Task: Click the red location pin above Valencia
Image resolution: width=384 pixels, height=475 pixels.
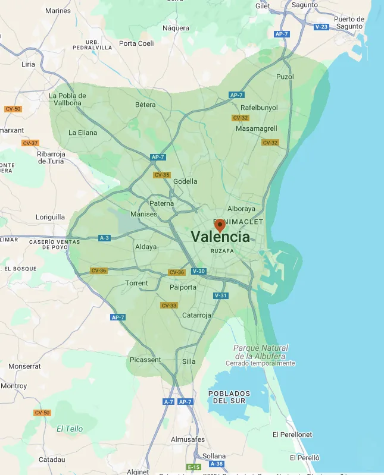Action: click(x=220, y=225)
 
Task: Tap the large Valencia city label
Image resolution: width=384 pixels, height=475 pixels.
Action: click(x=220, y=237)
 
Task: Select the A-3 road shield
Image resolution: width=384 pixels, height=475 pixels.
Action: click(x=105, y=238)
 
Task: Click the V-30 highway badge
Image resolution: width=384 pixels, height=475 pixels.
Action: click(x=199, y=271)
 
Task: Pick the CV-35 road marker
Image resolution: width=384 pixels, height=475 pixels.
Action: click(x=162, y=175)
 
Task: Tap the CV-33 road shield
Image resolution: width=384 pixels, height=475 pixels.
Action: click(x=169, y=306)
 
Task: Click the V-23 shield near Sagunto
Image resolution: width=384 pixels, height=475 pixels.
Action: click(x=321, y=27)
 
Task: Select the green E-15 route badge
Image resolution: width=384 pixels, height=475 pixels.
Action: click(x=193, y=467)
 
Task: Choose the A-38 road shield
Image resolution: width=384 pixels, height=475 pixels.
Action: click(x=217, y=464)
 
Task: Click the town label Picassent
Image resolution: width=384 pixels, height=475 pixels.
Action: click(x=145, y=360)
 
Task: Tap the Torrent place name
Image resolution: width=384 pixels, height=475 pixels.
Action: click(x=136, y=283)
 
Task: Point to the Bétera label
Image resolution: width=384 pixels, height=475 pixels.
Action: click(x=145, y=105)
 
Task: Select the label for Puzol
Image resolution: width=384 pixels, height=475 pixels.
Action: click(x=285, y=77)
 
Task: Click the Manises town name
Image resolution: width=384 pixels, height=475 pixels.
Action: click(x=143, y=213)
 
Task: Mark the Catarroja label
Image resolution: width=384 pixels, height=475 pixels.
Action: click(x=196, y=315)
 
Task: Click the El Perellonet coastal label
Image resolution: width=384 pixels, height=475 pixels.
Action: click(x=292, y=435)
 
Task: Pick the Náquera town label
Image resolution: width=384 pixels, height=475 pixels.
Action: click(x=176, y=27)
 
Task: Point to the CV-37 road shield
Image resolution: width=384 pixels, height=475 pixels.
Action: click(x=30, y=143)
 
